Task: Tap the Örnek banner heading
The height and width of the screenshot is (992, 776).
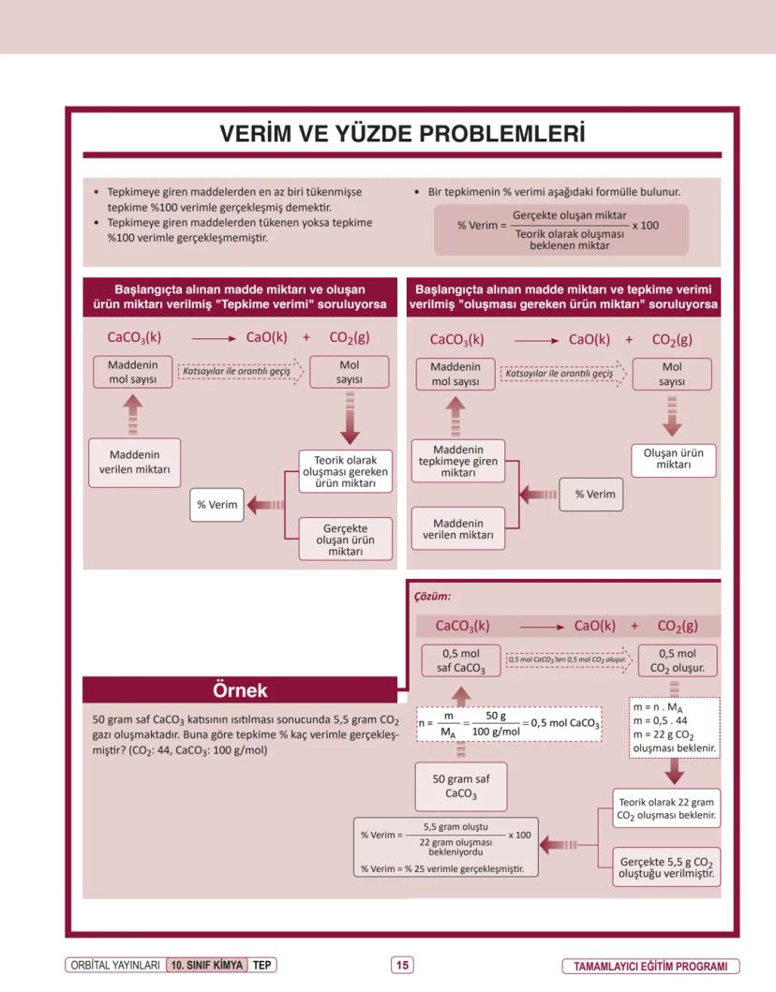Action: (240, 690)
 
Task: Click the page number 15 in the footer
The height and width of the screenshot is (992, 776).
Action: (401, 965)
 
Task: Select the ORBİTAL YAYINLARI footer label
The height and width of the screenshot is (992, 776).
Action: (114, 965)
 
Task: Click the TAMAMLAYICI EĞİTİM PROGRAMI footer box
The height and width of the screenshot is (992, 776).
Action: (650, 966)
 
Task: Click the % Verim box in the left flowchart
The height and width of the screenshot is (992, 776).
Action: (216, 505)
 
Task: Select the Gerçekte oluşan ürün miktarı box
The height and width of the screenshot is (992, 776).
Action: (345, 539)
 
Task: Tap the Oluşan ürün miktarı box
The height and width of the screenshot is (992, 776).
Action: (672, 458)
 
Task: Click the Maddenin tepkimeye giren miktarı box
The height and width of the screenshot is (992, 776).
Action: (457, 461)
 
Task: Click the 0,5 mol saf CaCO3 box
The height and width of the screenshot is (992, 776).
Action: (460, 660)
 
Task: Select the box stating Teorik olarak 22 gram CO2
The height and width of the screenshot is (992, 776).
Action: (667, 808)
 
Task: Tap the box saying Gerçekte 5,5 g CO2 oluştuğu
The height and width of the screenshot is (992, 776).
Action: (667, 867)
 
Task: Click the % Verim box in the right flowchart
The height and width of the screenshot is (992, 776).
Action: (594, 494)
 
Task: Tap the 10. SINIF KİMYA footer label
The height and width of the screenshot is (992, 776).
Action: (206, 965)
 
